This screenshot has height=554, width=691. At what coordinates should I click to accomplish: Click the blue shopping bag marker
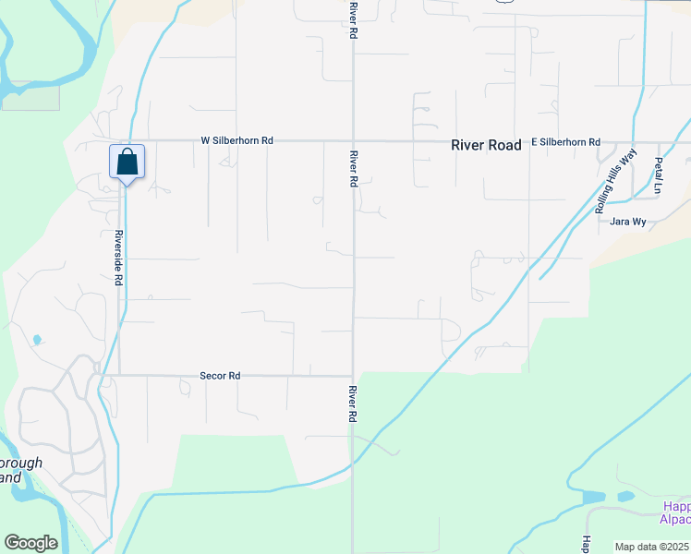pyautogui.click(x=127, y=163)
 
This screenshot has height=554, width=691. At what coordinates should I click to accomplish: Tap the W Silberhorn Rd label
pyautogui.click(x=237, y=140)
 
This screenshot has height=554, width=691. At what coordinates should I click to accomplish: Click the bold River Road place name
pyautogui.click(x=486, y=145)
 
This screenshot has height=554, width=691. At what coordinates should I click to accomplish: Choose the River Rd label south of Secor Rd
pyautogui.click(x=354, y=403)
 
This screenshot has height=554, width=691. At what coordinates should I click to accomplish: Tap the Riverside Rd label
pyautogui.click(x=119, y=258)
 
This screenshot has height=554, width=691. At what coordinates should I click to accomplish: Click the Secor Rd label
pyautogui.click(x=220, y=376)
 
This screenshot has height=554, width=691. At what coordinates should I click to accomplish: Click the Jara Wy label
pyautogui.click(x=627, y=222)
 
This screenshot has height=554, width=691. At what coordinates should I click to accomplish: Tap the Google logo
pyautogui.click(x=30, y=543)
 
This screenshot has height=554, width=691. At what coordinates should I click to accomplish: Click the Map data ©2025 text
pyautogui.click(x=651, y=547)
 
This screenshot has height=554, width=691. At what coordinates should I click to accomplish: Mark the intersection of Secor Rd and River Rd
pyautogui.click(x=353, y=375)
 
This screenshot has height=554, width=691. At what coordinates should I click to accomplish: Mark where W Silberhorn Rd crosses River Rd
pyautogui.click(x=353, y=141)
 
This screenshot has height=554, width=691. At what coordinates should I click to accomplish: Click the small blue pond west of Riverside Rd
pyautogui.click(x=37, y=340)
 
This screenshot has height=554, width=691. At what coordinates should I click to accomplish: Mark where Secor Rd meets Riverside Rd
pyautogui.click(x=118, y=375)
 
